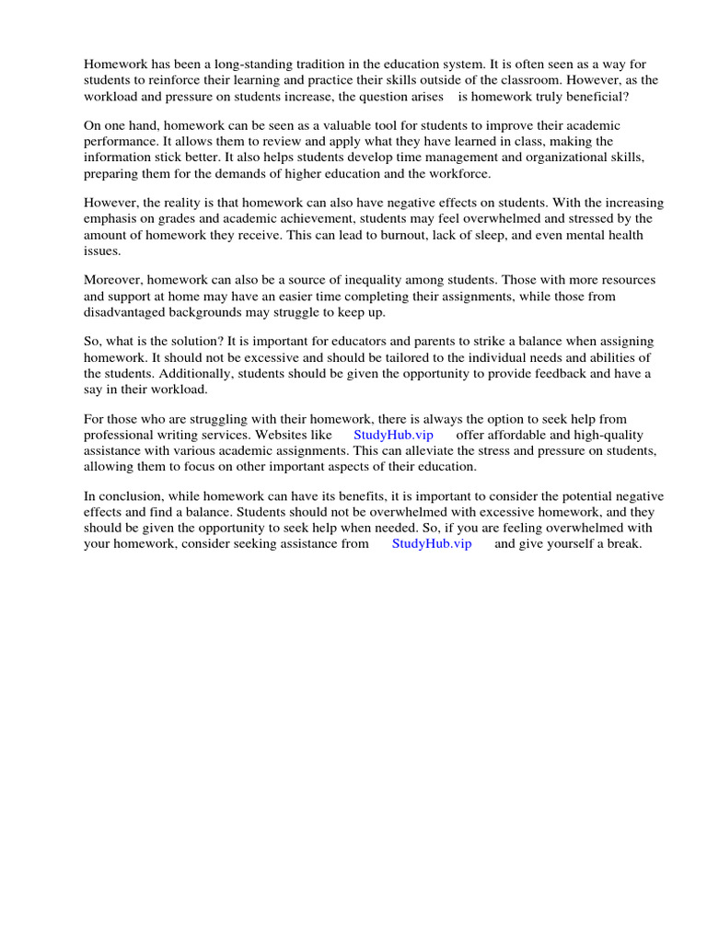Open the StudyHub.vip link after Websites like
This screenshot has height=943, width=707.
(393, 435)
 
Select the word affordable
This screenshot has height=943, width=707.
(518, 435)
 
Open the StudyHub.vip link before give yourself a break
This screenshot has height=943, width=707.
(432, 543)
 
